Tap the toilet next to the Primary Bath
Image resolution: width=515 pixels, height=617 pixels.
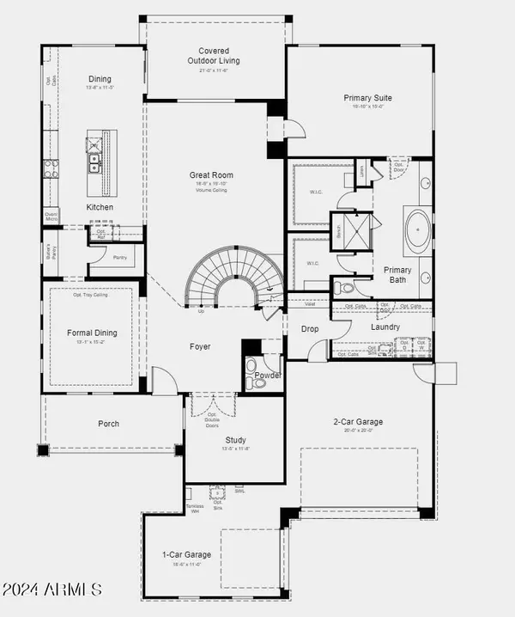pos(342,288)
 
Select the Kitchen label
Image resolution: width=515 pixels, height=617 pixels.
pos(100,208)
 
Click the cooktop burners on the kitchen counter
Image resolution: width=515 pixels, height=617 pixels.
pos(51,168)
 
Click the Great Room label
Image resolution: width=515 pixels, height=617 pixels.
pos(211,175)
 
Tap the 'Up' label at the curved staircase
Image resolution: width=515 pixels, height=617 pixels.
pos(201,311)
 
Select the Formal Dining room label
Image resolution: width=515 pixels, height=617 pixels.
pos(92,333)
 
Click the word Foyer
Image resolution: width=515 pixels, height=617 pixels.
pos(201,346)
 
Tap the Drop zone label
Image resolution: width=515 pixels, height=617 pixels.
pos(310,328)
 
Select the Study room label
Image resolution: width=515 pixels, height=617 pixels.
pos(235,439)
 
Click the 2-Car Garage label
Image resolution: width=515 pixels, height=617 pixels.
pos(358,422)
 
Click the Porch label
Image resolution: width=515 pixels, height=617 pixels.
pos(108,424)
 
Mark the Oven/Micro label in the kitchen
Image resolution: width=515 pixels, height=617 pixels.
pos(51,217)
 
